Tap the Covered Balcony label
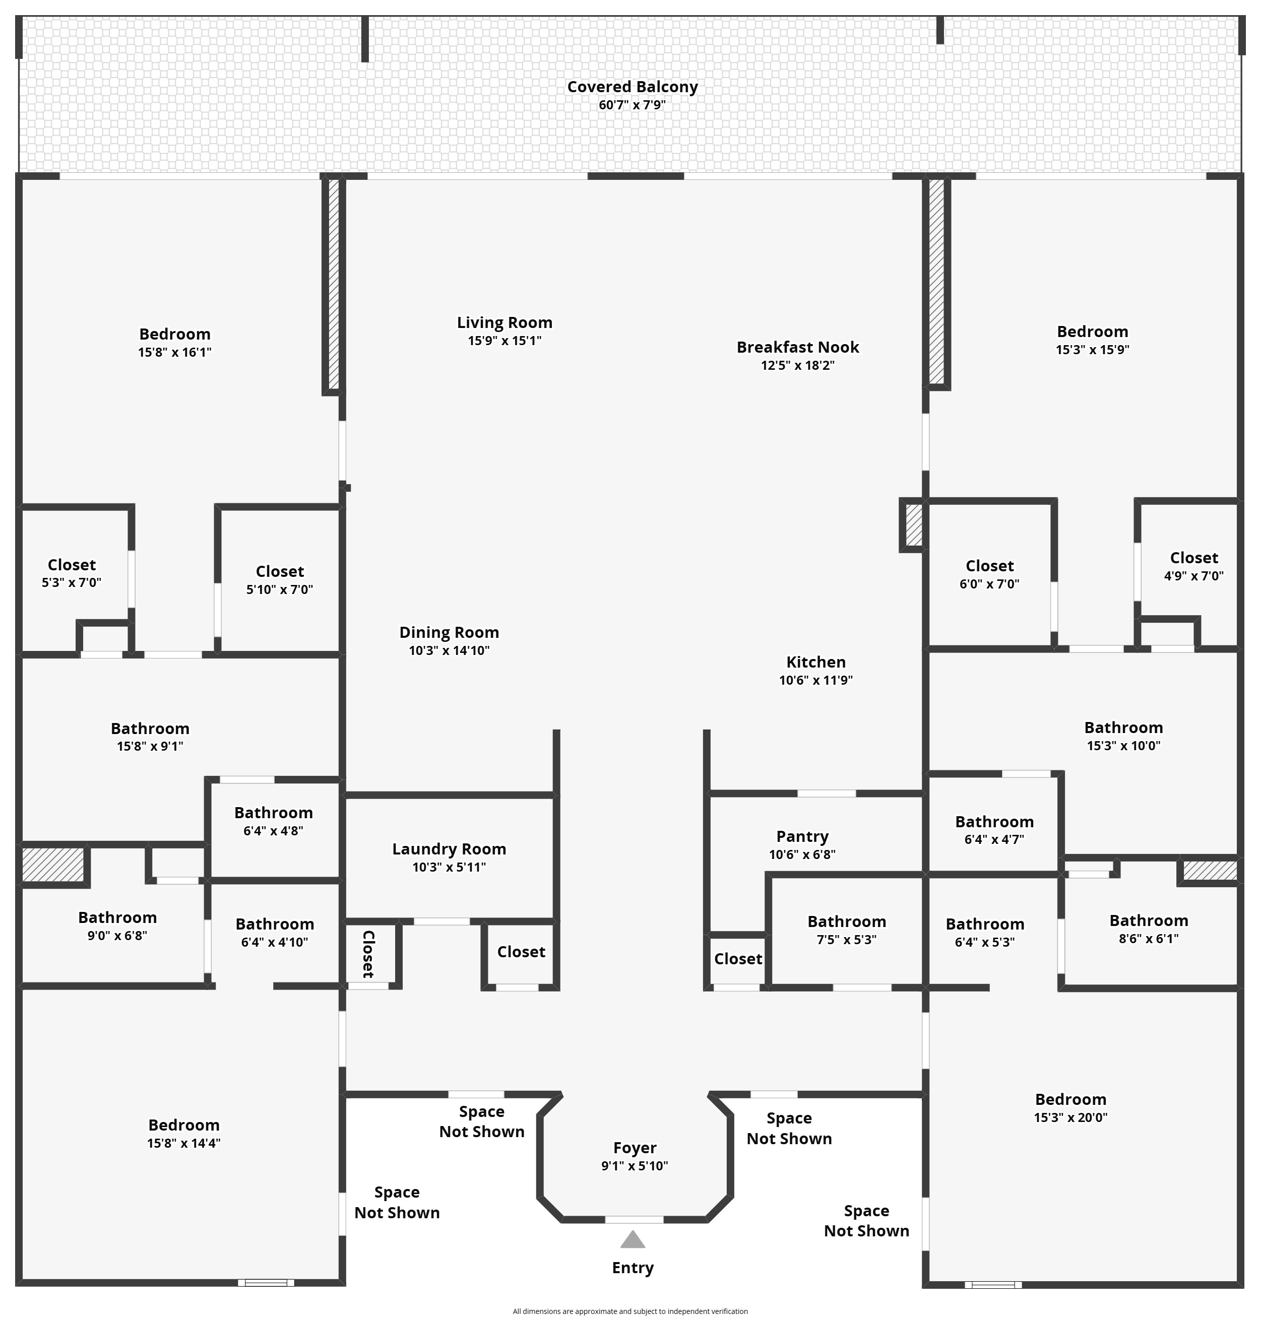pyautogui.click(x=633, y=87)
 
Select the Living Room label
pyautogui.click(x=505, y=322)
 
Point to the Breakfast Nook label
pyautogui.click(x=798, y=348)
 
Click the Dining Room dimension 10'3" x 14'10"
pyautogui.click(x=449, y=650)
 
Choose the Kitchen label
pyautogui.click(x=816, y=662)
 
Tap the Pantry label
pyautogui.click(x=802, y=836)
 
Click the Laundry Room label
pyautogui.click(x=449, y=848)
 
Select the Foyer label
pyautogui.click(x=635, y=1148)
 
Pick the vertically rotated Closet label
pyautogui.click(x=368, y=954)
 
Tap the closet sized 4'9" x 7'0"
pyautogui.click(x=1194, y=566)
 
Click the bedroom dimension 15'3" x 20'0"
pyautogui.click(x=1071, y=1117)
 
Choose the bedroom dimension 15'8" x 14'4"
pyautogui.click(x=183, y=1143)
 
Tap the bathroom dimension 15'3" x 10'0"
pyautogui.click(x=1123, y=745)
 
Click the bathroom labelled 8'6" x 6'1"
pyautogui.click(x=1149, y=929)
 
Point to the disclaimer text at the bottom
pyautogui.click(x=630, y=1311)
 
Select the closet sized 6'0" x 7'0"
pyautogui.click(x=989, y=574)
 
